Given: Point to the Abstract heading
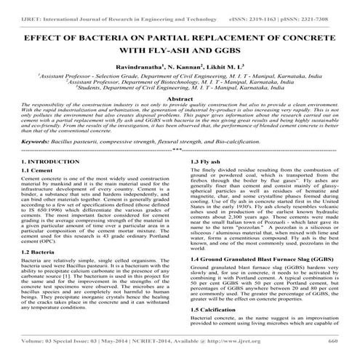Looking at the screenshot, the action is tap(180, 97).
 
